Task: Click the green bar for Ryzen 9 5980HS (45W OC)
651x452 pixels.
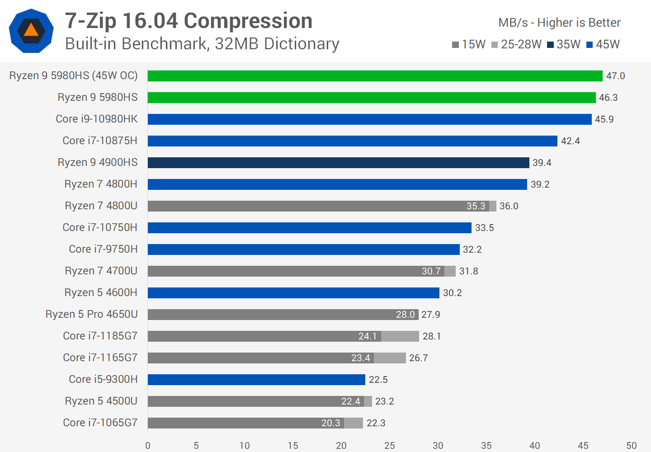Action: pyautogui.click(x=375, y=76)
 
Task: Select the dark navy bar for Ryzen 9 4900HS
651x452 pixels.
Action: pyautogui.click(x=338, y=163)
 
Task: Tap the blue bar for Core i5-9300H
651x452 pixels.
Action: pyautogui.click(x=256, y=380)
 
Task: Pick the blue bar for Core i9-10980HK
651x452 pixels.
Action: pyautogui.click(x=369, y=119)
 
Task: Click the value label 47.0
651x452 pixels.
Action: pyautogui.click(x=615, y=76)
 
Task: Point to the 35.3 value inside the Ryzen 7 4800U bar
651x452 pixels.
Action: pyautogui.click(x=476, y=206)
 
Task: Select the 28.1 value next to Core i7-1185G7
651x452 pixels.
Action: pyautogui.click(x=431, y=336)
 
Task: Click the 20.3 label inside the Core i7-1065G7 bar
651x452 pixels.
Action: pyautogui.click(x=330, y=423)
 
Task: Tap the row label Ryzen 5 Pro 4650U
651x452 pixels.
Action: pyautogui.click(x=91, y=314)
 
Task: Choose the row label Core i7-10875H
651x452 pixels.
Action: pyautogui.click(x=100, y=141)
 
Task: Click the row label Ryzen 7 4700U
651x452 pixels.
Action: pyautogui.click(x=101, y=271)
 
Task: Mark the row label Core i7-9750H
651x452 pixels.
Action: pyautogui.click(x=103, y=249)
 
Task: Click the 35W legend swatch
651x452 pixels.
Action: pyautogui.click(x=550, y=45)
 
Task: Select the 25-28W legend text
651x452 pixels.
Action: pyautogui.click(x=521, y=44)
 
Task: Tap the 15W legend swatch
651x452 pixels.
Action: pyautogui.click(x=455, y=45)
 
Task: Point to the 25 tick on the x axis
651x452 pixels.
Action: pyautogui.click(x=389, y=446)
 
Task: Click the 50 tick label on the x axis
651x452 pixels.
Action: pyautogui.click(x=631, y=446)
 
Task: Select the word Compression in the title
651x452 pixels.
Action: pyautogui.click(x=248, y=21)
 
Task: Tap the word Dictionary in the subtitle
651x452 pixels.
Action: pyautogui.click(x=302, y=44)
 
